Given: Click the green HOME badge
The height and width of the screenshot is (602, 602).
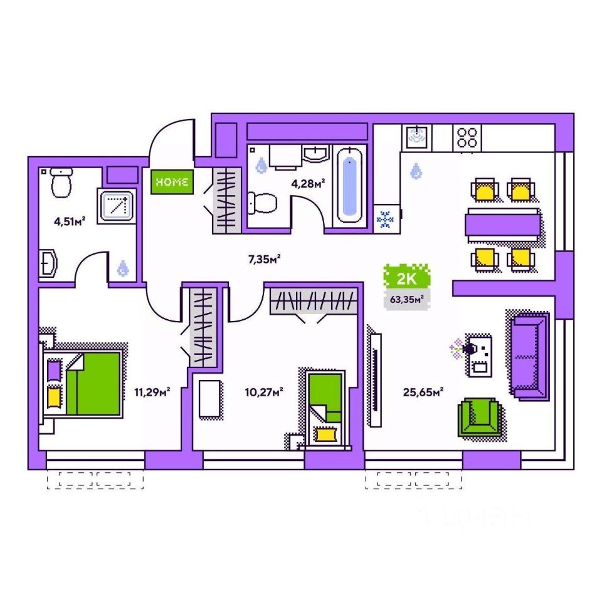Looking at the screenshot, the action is pos(172,182).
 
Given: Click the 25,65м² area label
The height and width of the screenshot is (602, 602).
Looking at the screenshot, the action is pos(423,393).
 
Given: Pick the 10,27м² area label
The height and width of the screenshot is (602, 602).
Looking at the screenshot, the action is pos(263,393).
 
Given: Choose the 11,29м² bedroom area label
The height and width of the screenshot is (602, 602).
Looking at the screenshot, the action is pos(152,393).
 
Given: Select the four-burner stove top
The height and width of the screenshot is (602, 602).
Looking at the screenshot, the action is pos(468,137).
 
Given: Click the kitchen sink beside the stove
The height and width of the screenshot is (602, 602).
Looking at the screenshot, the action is pos(416,135).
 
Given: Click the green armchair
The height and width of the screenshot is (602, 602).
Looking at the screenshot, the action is pos(480,416).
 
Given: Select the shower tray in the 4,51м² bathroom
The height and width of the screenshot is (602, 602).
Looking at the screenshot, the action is pos(117,204).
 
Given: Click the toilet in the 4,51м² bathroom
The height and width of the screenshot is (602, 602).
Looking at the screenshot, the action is pos(61,183).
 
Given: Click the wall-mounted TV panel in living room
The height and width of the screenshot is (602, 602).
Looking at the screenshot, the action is pos(376,380).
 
